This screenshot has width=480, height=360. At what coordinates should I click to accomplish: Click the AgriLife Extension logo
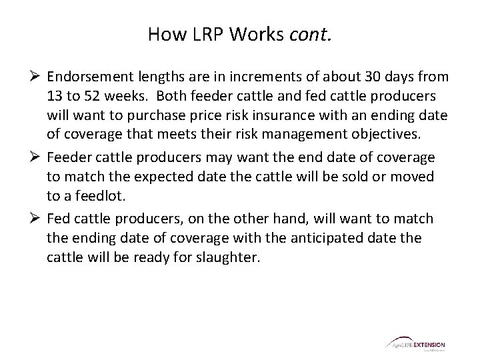point(415,344)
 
